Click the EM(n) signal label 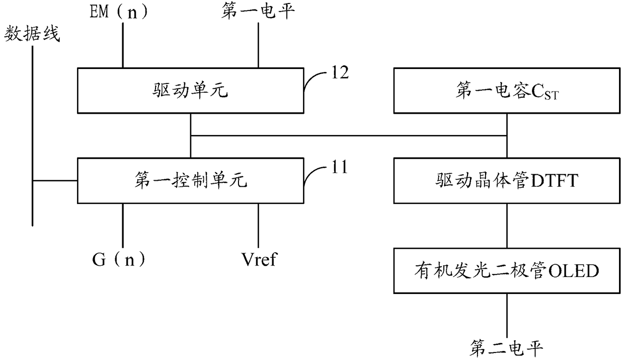118,12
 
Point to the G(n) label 119,260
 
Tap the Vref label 259,260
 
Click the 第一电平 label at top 258,12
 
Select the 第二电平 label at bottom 506,348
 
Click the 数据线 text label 32,34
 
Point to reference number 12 340,73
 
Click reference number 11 340,167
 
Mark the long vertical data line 33,136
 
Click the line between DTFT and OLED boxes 507,226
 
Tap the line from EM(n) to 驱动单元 123,45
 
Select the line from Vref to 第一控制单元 258,226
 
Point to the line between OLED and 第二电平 507,316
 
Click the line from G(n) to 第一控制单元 123,226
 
